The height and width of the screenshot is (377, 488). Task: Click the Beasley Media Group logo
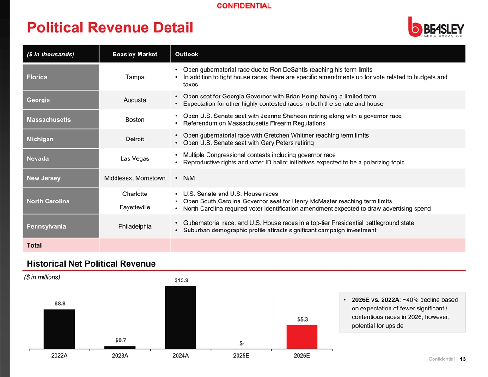tap(436, 27)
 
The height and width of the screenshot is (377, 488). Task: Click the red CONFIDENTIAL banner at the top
tap(244, 6)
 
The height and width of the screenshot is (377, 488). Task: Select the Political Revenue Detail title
tap(110, 27)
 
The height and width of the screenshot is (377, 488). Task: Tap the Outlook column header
tap(186, 54)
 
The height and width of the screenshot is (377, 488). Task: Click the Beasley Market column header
tap(135, 54)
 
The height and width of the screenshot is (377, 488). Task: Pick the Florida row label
tap(37, 77)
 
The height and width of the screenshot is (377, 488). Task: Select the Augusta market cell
tap(135, 100)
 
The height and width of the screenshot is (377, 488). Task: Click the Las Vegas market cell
tap(135, 158)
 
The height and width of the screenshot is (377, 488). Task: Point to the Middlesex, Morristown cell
tap(135, 178)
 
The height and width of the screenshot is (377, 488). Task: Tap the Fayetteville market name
tap(135, 207)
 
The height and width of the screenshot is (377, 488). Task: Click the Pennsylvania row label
tap(46, 226)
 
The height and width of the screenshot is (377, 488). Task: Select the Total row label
tap(34, 245)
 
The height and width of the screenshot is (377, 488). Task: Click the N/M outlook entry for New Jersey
tap(189, 178)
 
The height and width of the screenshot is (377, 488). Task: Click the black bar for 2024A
tap(181, 317)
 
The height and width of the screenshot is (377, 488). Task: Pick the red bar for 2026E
tap(302, 337)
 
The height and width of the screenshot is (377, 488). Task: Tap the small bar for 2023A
tap(120, 347)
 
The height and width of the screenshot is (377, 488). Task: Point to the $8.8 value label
tap(60, 304)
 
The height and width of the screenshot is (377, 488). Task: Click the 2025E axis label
tap(241, 356)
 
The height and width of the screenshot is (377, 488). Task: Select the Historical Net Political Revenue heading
tap(91, 264)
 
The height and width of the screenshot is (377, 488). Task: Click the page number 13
tap(463, 359)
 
